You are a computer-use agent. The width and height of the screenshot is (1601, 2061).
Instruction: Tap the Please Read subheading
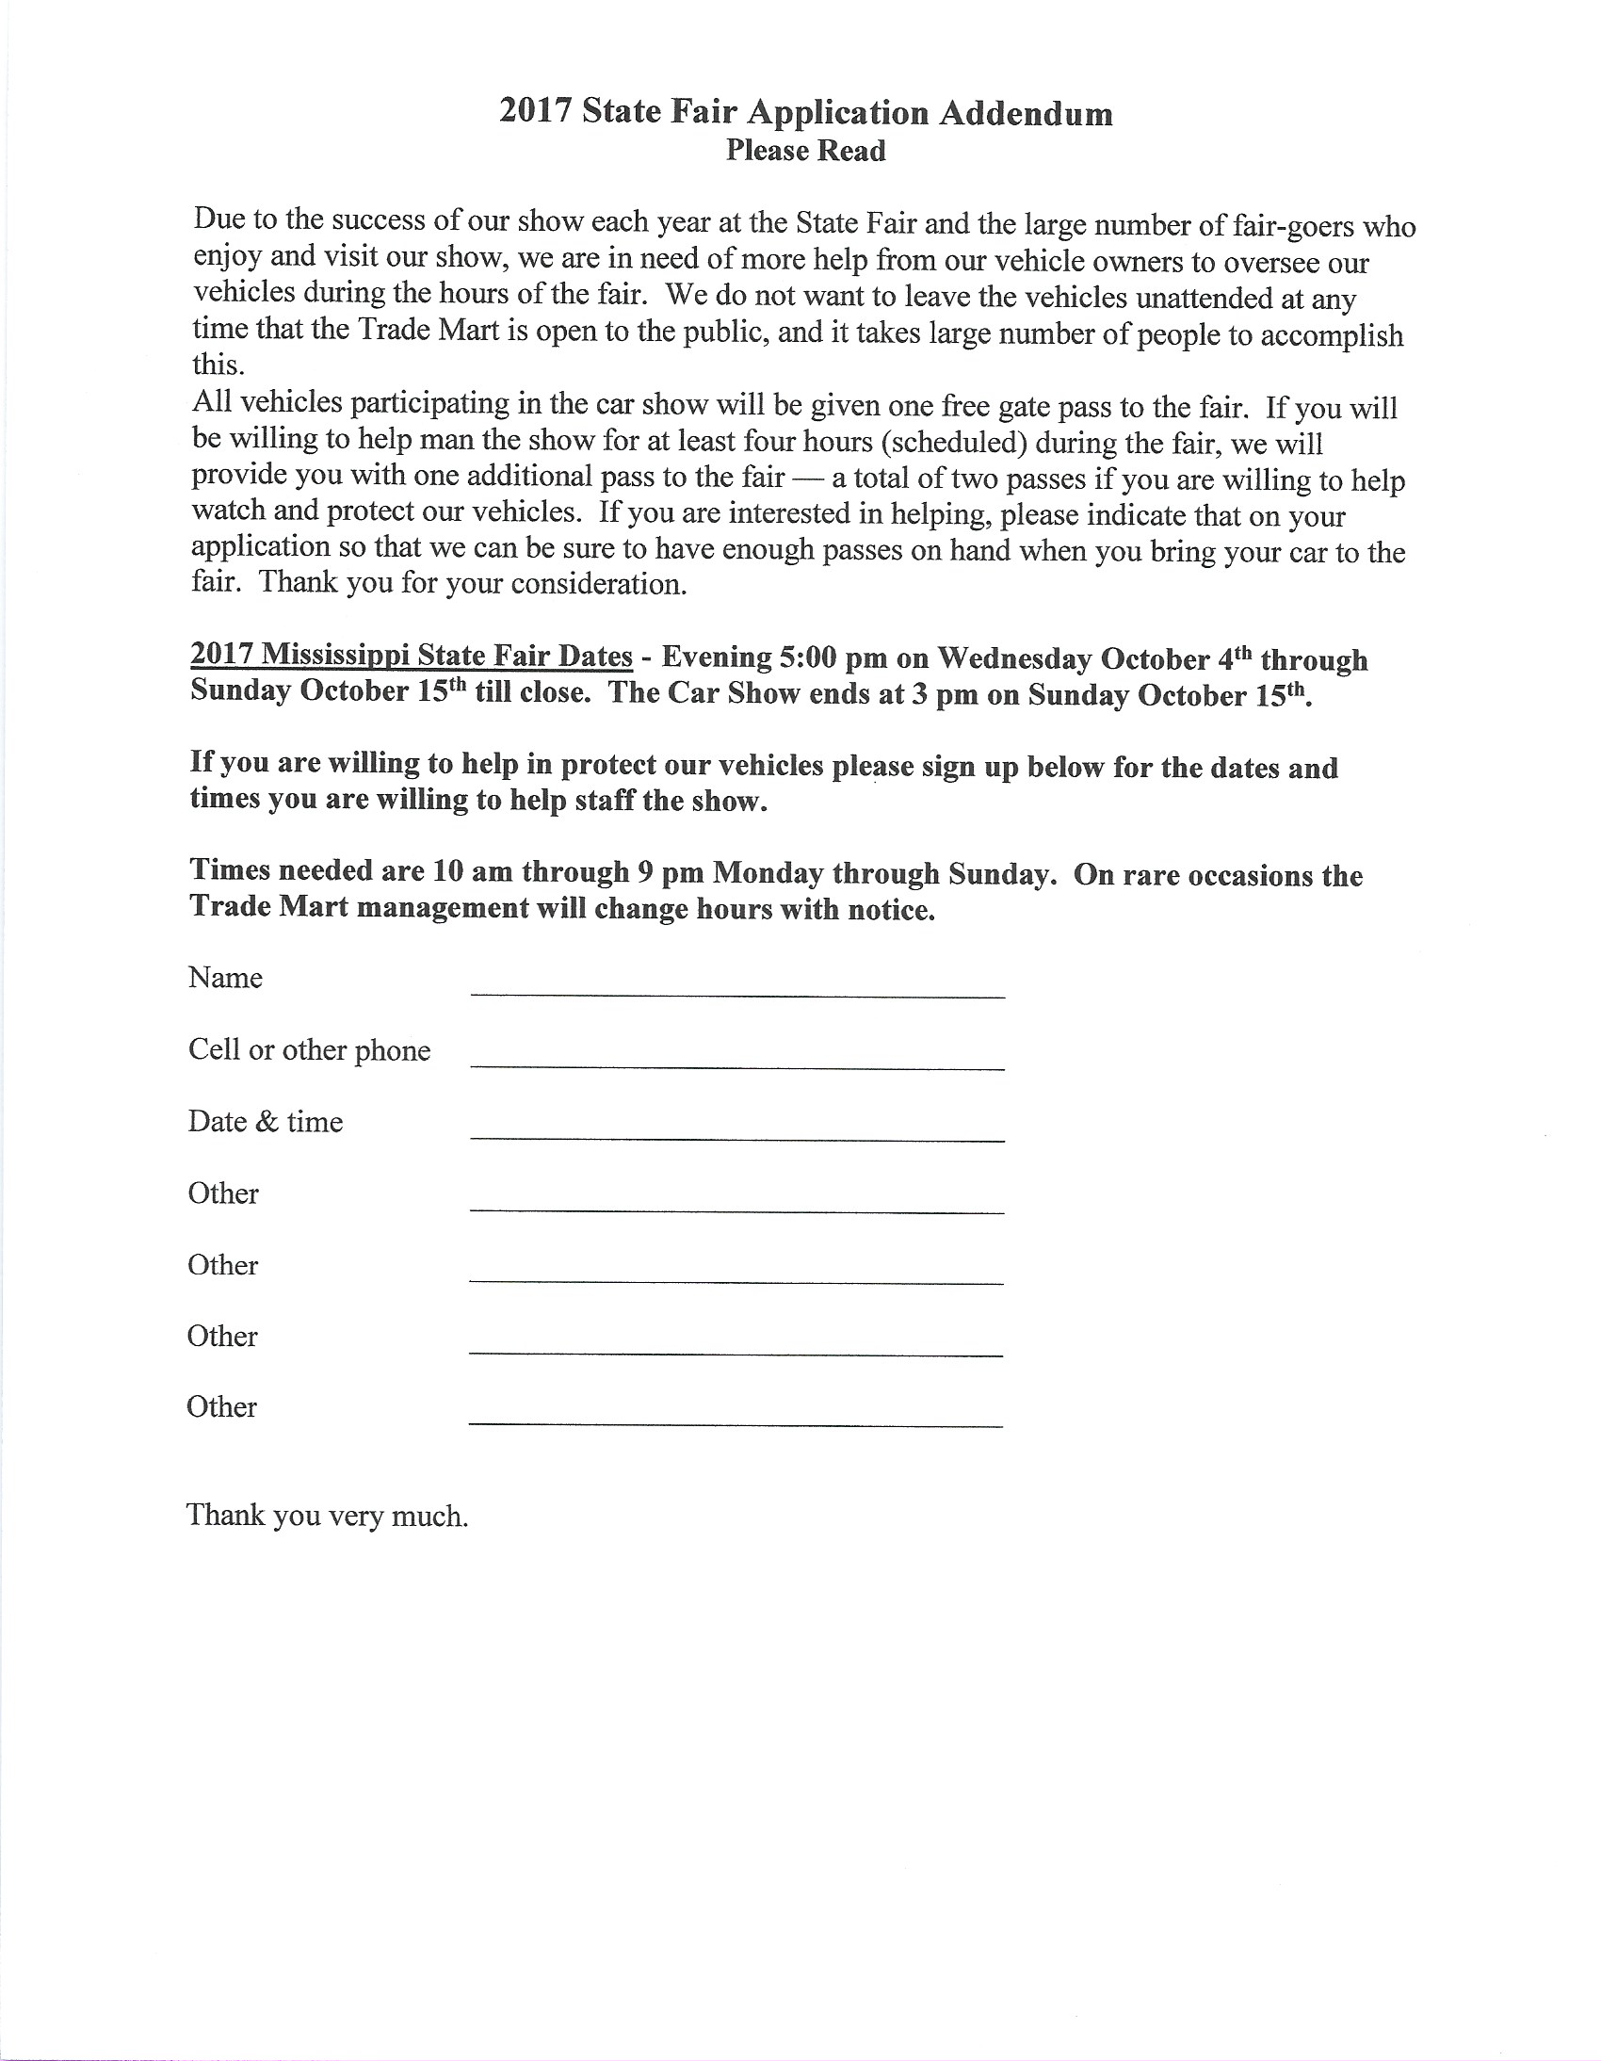pyautogui.click(x=806, y=151)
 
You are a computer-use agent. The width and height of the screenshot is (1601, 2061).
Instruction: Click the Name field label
pyautogui.click(x=225, y=978)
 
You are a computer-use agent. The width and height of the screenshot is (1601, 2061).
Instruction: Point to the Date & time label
pyautogui.click(x=265, y=1122)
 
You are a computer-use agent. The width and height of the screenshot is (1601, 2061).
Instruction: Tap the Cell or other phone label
pyautogui.click(x=310, y=1050)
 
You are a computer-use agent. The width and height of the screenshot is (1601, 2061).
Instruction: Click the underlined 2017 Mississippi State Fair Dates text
pyautogui.click(x=412, y=655)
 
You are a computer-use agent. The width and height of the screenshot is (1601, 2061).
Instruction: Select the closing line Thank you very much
pyautogui.click(x=328, y=1516)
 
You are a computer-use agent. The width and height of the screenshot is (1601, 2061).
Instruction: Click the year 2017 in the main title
pyautogui.click(x=536, y=111)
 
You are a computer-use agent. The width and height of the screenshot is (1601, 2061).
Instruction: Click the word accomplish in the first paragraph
pyautogui.click(x=1330, y=336)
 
